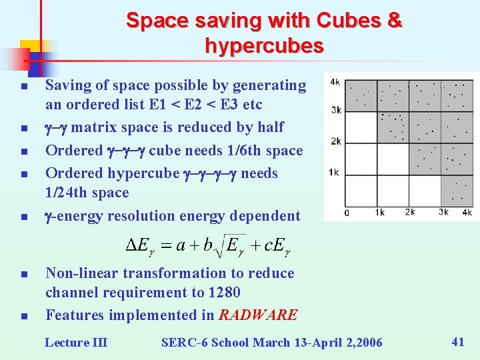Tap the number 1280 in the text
click(x=223, y=292)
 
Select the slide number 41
click(x=458, y=341)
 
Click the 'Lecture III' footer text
click(x=76, y=342)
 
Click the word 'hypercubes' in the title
click(x=264, y=46)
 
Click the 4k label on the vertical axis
click(x=335, y=82)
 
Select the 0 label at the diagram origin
click(x=346, y=213)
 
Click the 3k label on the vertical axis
click(x=335, y=110)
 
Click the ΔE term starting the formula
click(x=139, y=245)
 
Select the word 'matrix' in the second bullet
click(x=93, y=127)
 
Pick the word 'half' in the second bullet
click(x=269, y=127)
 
